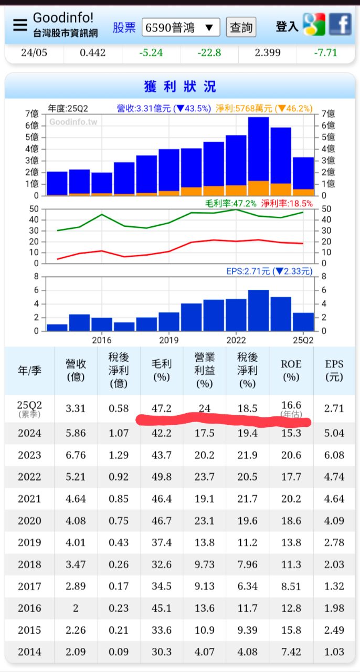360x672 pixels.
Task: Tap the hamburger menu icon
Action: pos(20,25)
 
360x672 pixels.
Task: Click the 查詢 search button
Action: pos(241,27)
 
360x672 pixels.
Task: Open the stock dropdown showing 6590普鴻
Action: pos(181,27)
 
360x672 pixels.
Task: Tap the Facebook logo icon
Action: pos(341,24)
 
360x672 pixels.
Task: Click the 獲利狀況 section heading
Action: pos(180,86)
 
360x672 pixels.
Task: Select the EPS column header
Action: pos(334,371)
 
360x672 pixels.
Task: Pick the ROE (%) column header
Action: pos(291,371)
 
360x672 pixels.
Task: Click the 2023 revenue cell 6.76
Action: pos(76,455)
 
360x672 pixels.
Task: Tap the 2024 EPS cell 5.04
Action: pos(334,433)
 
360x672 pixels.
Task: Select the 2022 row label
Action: pos(29,477)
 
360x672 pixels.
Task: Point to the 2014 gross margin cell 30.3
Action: pos(161,652)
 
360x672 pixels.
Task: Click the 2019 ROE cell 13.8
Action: pos(291,543)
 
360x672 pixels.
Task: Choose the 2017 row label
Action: pos(29,586)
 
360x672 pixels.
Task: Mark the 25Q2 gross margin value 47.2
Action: pos(161,408)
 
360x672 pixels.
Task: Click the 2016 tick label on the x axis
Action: pos(102,340)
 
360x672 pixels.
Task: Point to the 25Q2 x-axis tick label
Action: pos(303,340)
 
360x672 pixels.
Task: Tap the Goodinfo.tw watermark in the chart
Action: pos(73,122)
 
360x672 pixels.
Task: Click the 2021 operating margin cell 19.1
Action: pos(204,499)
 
